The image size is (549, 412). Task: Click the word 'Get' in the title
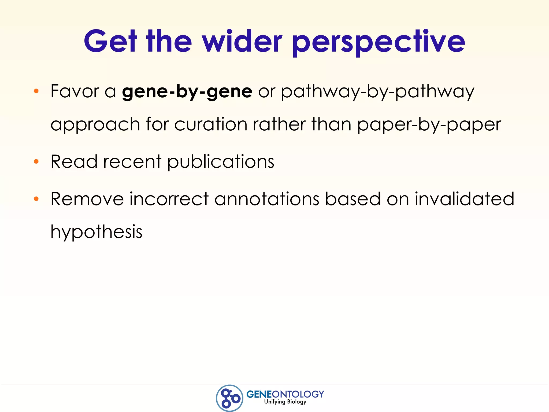click(111, 42)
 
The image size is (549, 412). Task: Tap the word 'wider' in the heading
click(242, 42)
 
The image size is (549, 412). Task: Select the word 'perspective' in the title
click(379, 43)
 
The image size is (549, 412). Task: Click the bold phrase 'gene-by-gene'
click(187, 92)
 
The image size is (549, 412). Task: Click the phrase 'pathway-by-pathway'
click(377, 92)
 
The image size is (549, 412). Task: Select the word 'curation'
click(211, 124)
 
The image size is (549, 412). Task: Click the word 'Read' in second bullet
click(74, 162)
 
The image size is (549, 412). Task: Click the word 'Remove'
click(87, 199)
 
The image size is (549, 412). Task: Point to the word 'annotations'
click(267, 199)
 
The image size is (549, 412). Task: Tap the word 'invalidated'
click(464, 199)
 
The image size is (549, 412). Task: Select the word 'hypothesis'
click(96, 232)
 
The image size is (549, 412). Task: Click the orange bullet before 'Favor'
click(36, 91)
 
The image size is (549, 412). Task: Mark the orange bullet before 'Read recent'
click(36, 161)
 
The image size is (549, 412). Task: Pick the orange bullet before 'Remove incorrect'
click(36, 199)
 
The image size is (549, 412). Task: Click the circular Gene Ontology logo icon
click(229, 398)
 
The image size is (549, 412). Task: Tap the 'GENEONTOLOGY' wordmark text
click(285, 394)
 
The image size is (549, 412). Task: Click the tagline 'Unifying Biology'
click(285, 402)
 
